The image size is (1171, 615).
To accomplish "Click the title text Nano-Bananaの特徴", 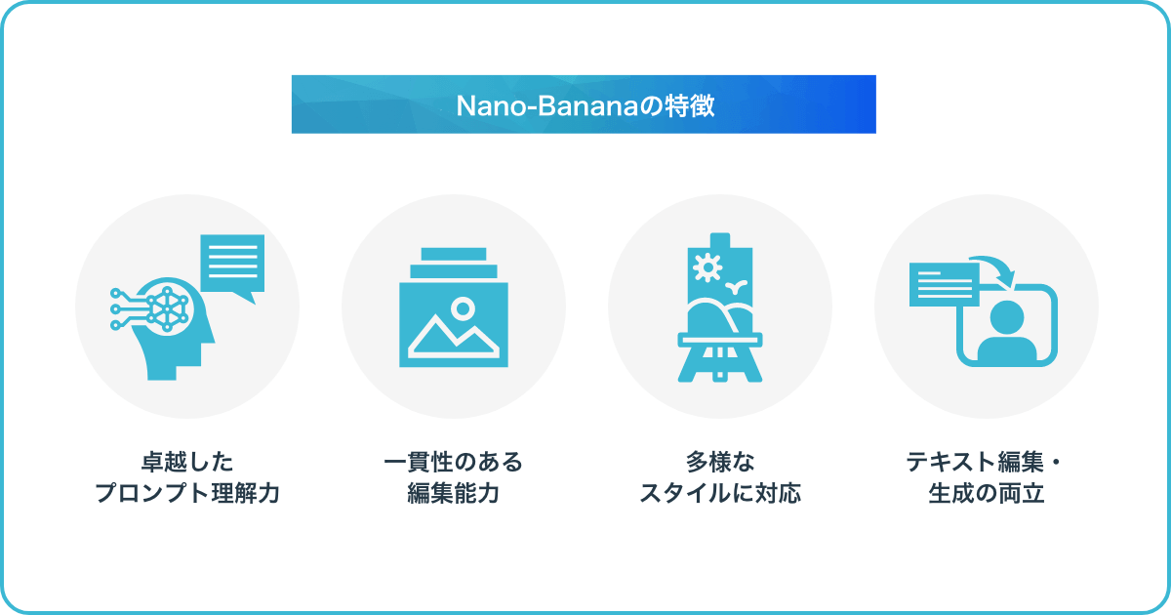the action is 585,105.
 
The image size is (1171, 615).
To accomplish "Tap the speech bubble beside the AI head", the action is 232,266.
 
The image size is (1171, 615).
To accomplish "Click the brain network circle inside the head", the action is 167,308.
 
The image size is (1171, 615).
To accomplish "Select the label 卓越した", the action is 187,462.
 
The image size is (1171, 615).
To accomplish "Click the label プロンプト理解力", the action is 187,493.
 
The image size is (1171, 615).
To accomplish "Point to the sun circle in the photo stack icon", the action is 463,308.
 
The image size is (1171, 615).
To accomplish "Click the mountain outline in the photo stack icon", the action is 453,336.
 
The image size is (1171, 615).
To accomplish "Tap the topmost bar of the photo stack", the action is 453,254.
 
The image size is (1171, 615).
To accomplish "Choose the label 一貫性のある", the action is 453,462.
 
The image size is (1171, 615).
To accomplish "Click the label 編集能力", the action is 453,493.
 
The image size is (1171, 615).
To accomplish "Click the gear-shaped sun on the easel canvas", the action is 707,267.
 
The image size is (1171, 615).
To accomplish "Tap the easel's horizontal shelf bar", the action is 720,340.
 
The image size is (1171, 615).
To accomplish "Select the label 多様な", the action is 720,462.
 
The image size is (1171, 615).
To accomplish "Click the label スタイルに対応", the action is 720,493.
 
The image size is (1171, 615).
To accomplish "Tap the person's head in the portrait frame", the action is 1007,317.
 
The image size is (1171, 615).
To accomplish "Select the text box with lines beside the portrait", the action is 945,284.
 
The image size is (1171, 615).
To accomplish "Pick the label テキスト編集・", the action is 984,462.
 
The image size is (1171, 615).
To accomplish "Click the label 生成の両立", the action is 986,493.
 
